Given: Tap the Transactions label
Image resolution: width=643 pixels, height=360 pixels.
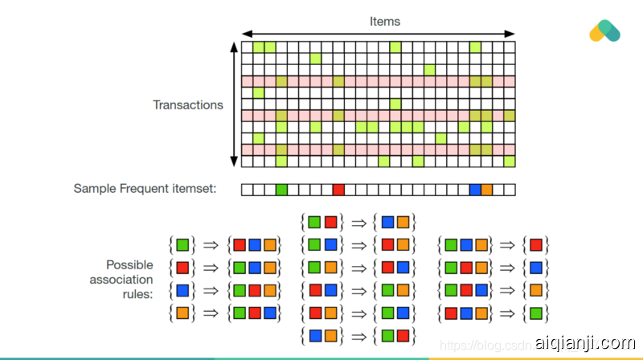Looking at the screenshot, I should click(188, 104).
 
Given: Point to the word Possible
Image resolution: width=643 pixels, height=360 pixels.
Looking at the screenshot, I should click(129, 264).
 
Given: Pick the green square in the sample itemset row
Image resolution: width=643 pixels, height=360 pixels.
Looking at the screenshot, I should click(281, 190).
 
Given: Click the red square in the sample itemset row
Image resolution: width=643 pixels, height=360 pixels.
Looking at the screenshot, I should click(338, 190).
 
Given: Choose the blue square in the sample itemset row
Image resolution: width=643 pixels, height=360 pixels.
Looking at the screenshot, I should click(475, 190).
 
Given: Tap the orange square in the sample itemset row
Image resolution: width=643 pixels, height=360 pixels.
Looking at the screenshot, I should click(486, 190).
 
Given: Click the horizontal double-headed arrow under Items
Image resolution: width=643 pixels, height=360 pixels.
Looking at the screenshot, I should click(378, 34).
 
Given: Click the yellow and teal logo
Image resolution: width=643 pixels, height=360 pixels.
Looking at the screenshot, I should click(604, 31).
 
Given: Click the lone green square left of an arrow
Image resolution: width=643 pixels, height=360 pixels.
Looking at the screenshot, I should click(182, 243).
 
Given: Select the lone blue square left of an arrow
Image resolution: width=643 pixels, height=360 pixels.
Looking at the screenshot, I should click(182, 289).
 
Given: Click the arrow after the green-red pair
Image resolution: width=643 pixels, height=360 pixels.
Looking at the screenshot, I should click(359, 221).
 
